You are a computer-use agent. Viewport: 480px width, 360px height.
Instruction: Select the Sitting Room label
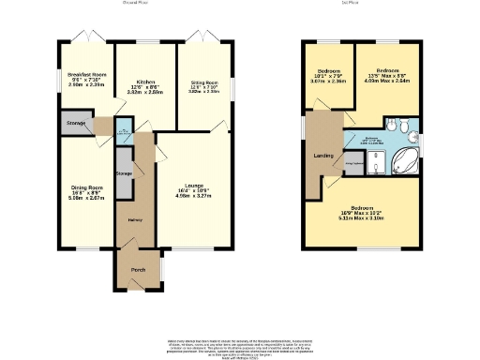click(x=204, y=82)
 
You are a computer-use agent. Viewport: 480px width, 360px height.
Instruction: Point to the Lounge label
click(x=194, y=185)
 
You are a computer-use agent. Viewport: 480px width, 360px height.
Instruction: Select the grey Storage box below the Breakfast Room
click(x=77, y=123)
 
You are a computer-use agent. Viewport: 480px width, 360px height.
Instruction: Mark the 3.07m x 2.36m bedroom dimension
click(x=329, y=82)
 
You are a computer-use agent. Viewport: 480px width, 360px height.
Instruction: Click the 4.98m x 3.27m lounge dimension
click(x=194, y=196)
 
